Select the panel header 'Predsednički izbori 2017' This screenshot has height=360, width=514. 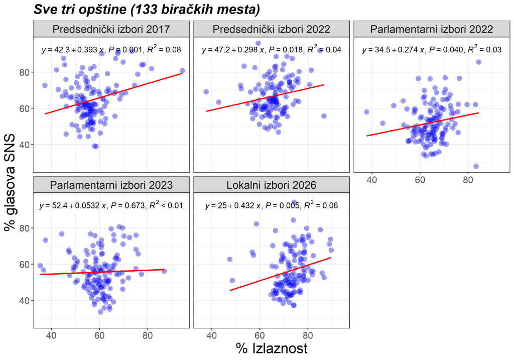tap(111, 29)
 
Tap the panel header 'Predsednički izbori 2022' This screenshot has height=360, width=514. tap(272, 29)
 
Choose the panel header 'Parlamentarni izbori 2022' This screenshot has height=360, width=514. tap(432, 29)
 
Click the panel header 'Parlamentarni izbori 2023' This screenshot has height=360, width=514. tap(111, 185)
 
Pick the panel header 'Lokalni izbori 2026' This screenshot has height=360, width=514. tap(272, 185)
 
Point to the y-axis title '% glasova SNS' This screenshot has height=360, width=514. tap(10, 182)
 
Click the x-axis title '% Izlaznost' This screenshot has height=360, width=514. tap(272, 348)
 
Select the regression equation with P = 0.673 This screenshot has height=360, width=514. tap(111, 205)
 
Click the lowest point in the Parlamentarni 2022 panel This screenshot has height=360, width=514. tap(476, 166)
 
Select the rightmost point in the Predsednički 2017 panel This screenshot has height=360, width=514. tap(182, 71)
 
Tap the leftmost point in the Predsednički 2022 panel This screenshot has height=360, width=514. tap(206, 92)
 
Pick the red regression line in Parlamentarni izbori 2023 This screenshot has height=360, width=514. tap(102, 272)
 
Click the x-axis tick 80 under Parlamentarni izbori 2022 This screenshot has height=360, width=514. tap(468, 180)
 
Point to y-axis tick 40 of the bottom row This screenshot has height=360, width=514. tap(25, 301)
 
